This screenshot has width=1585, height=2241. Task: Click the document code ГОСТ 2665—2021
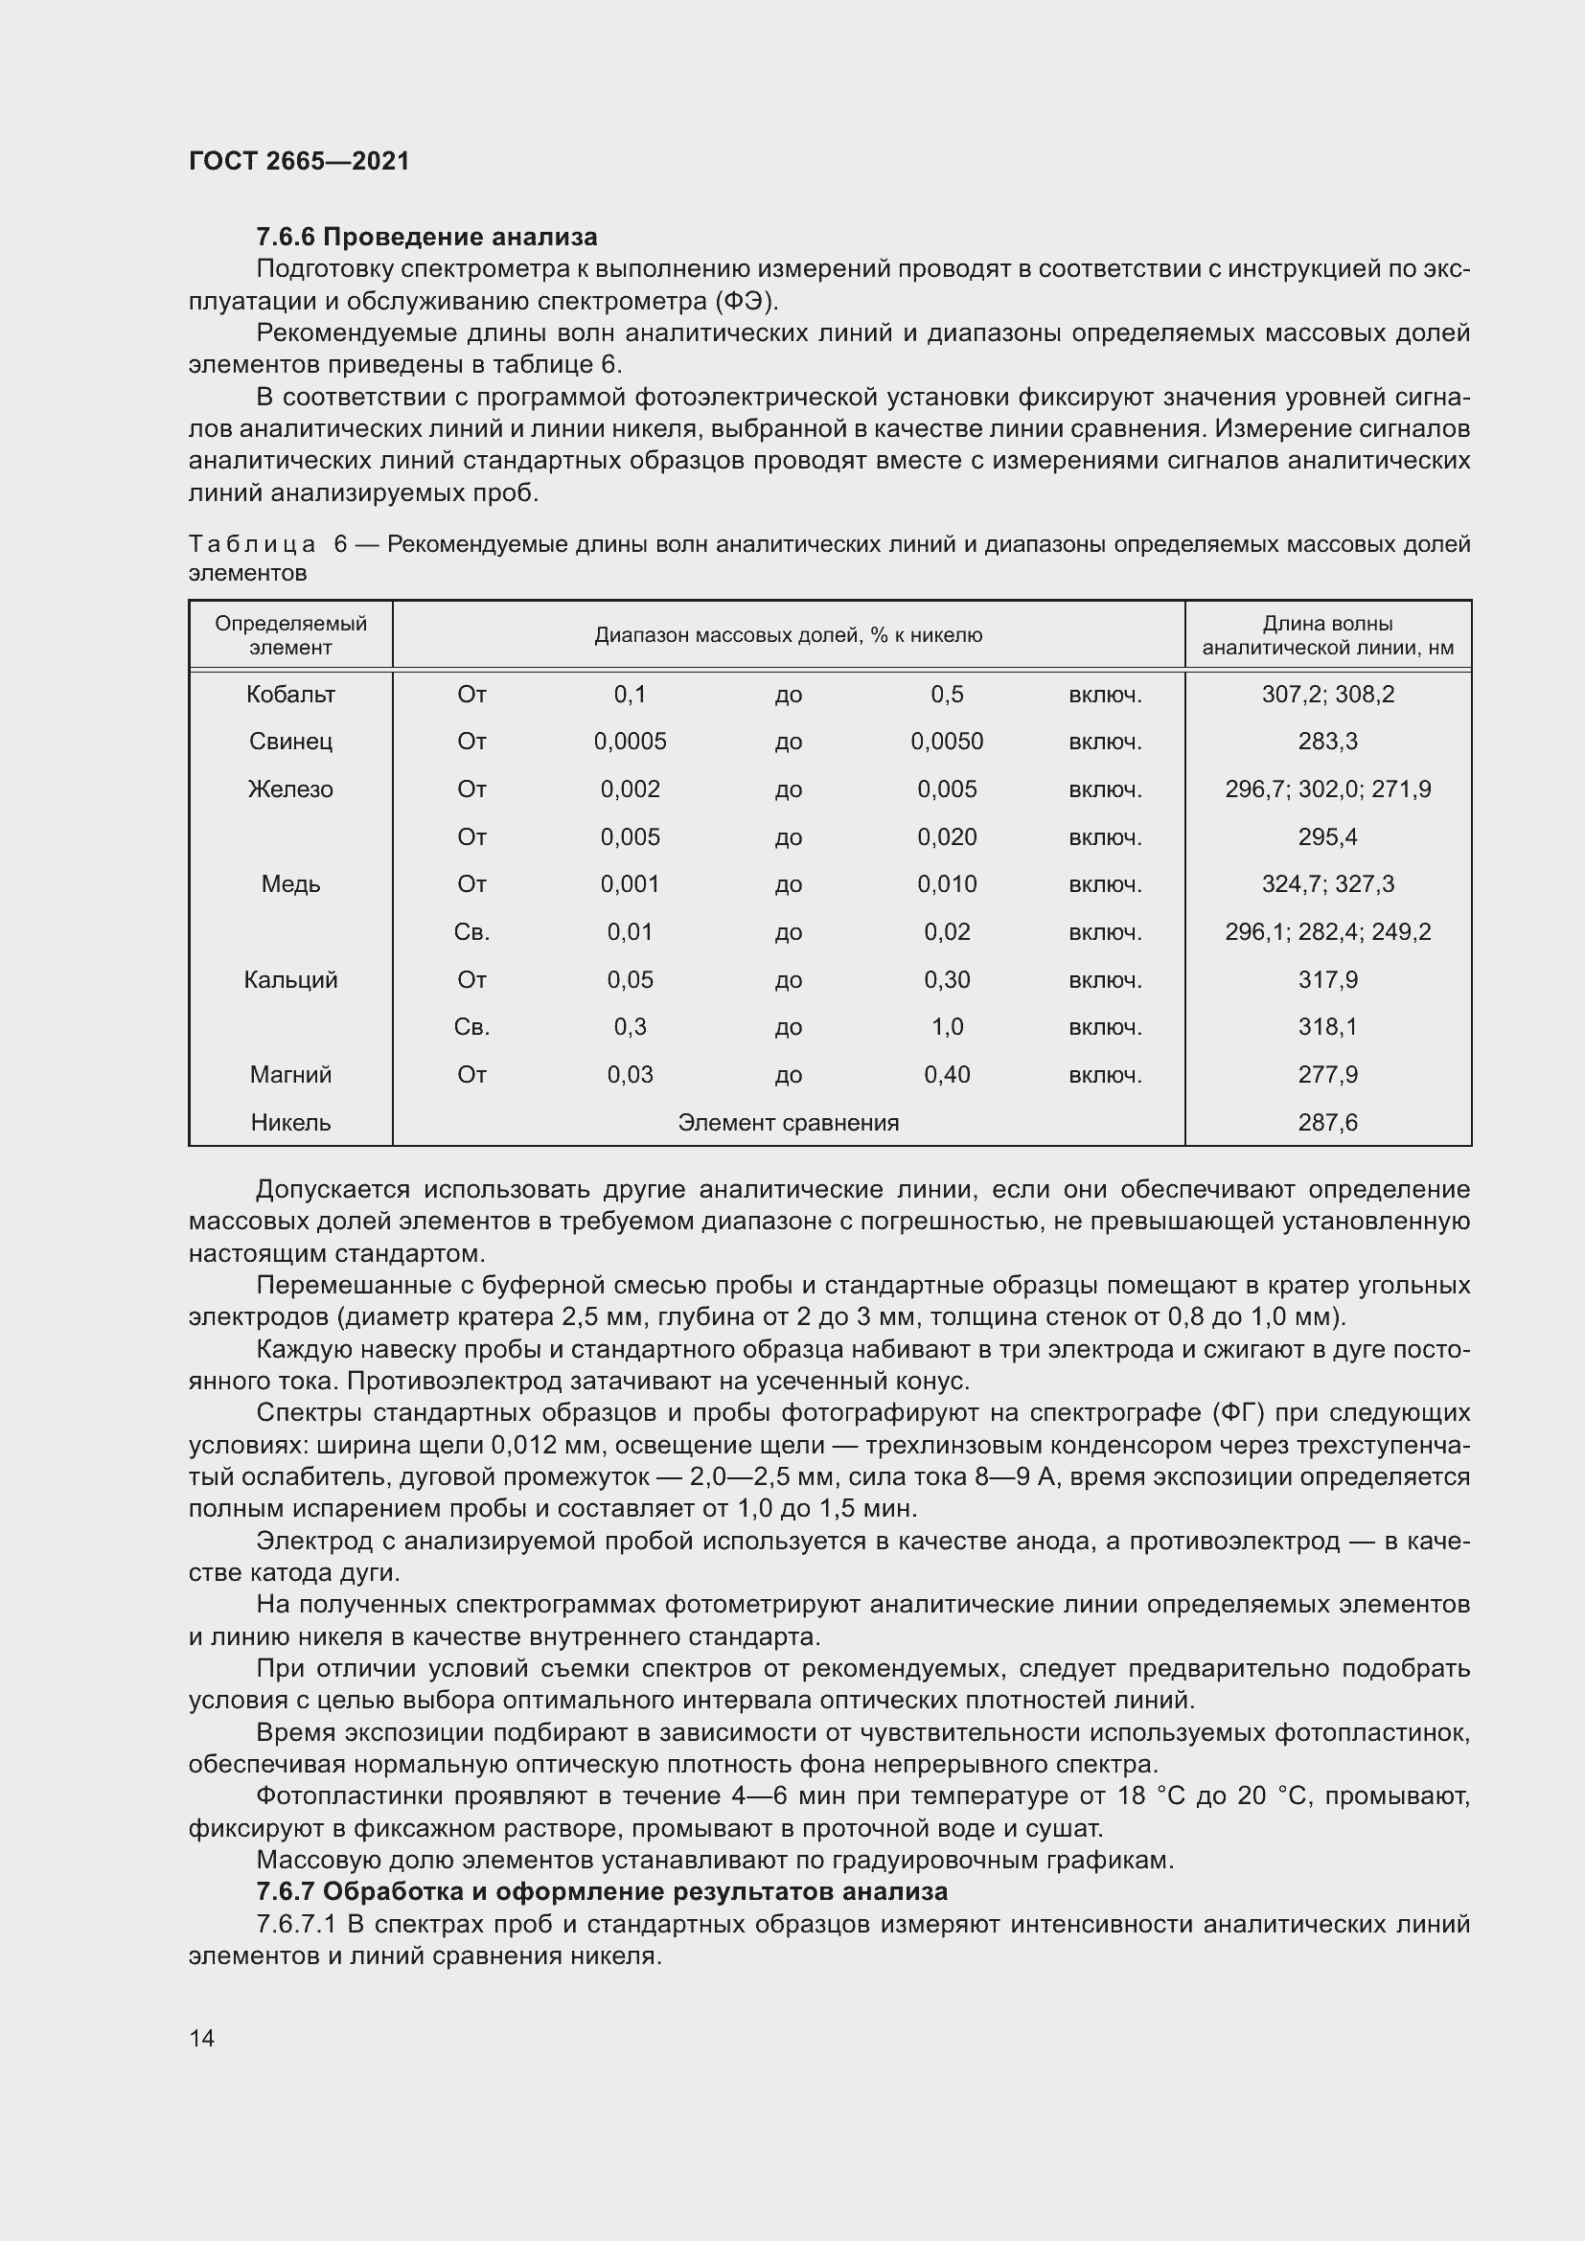pos(299,161)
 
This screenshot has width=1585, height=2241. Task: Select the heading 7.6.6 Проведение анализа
pos(426,238)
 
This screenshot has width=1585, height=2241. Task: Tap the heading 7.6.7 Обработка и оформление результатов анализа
pos(601,1891)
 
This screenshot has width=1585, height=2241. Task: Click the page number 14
pos(202,2038)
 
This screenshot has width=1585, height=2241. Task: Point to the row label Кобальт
pos(291,694)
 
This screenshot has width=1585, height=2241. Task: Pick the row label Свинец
pos(291,742)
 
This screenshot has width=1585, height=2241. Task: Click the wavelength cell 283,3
pos(1327,742)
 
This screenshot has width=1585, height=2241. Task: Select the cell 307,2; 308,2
pos(1327,694)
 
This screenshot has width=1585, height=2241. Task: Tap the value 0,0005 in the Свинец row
pos(630,742)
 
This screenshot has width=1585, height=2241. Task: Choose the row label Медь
pos(291,884)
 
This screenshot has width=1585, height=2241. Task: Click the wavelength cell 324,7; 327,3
pos(1327,884)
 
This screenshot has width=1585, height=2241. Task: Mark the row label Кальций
pos(291,980)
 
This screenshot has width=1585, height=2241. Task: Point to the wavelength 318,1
pos(1327,1027)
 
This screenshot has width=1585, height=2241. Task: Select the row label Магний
pos(291,1075)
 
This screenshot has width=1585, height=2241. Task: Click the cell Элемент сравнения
pos(788,1123)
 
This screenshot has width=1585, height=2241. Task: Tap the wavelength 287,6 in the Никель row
pos(1327,1123)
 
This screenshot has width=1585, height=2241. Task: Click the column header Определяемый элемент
pos(291,635)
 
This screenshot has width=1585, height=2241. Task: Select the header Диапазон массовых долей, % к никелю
pos(788,635)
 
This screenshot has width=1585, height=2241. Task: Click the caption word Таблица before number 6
pos(252,544)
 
